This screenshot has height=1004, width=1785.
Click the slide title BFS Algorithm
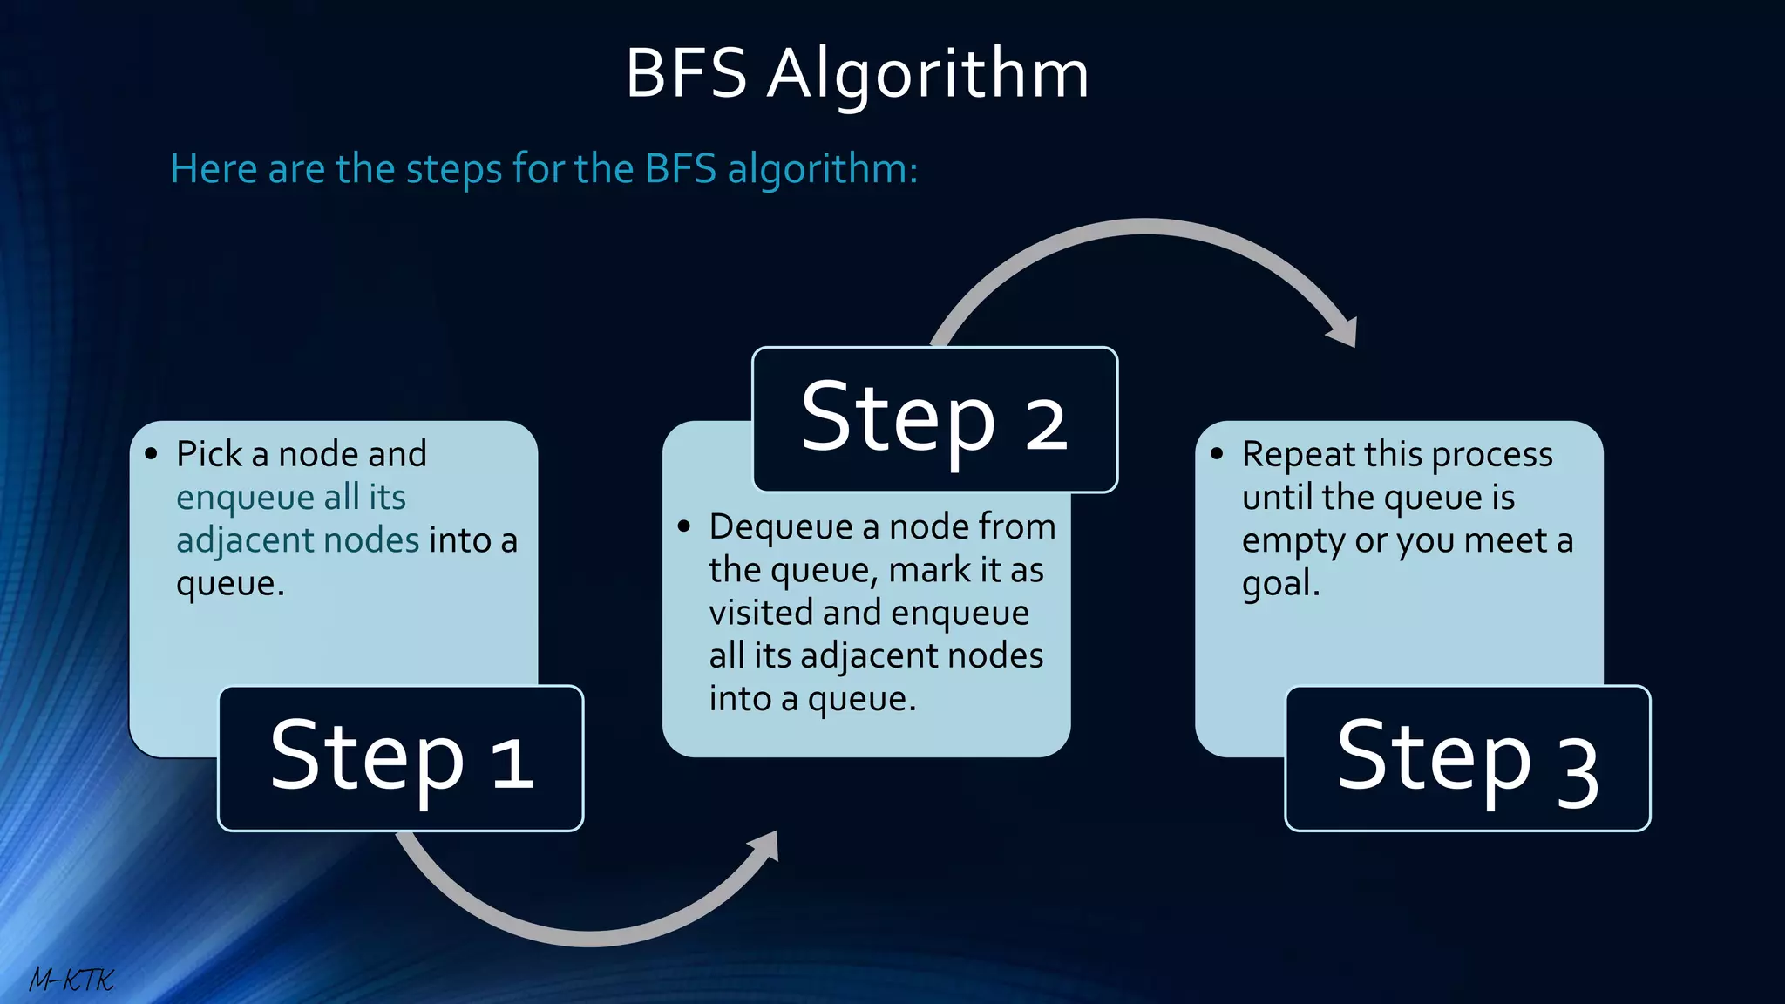coord(857,73)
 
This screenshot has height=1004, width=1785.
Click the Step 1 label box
coord(400,757)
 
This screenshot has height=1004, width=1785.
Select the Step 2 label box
coord(934,419)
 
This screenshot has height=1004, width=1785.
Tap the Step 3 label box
coord(1467,757)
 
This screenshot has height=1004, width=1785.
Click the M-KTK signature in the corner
coord(71,980)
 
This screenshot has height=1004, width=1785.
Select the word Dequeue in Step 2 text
coord(780,526)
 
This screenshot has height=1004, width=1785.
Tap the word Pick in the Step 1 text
coord(208,454)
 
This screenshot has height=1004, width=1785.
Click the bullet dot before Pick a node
coord(152,454)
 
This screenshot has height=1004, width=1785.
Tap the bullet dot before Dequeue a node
coord(684,526)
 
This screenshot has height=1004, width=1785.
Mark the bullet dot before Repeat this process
coord(1217,454)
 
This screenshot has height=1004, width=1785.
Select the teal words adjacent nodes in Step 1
coord(297,540)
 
